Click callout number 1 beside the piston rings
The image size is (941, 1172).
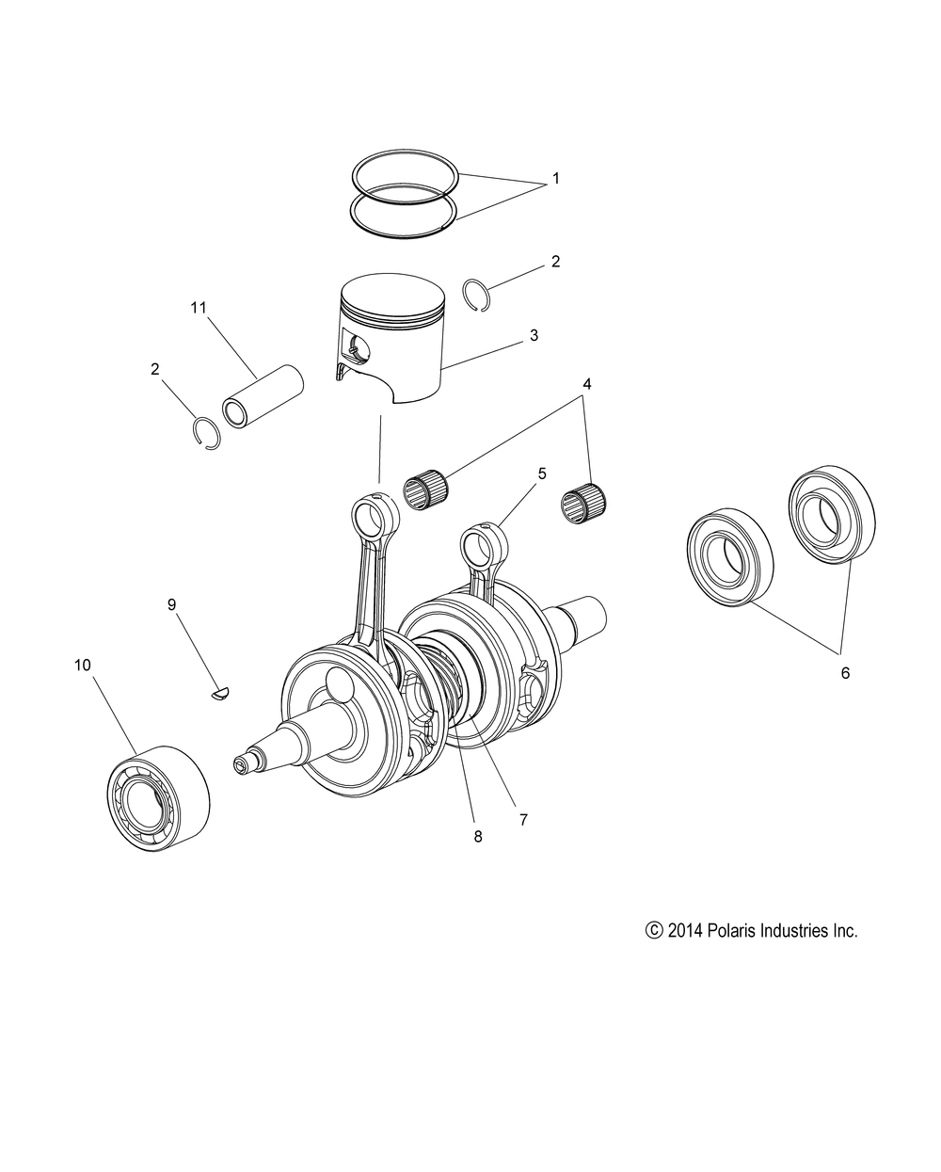[555, 178]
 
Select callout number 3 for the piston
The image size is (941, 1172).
[534, 334]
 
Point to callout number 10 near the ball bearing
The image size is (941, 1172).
[83, 665]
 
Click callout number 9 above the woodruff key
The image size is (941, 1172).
[171, 604]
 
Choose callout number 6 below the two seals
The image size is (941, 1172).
[844, 673]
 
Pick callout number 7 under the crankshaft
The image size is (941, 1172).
[523, 819]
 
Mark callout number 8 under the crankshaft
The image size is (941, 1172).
[478, 836]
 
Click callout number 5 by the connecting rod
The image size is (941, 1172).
[542, 474]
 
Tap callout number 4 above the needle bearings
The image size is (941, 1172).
[586, 384]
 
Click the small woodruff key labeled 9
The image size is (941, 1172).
[222, 695]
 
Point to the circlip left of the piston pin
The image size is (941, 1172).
[205, 431]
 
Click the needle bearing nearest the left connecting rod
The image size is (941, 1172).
[425, 492]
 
